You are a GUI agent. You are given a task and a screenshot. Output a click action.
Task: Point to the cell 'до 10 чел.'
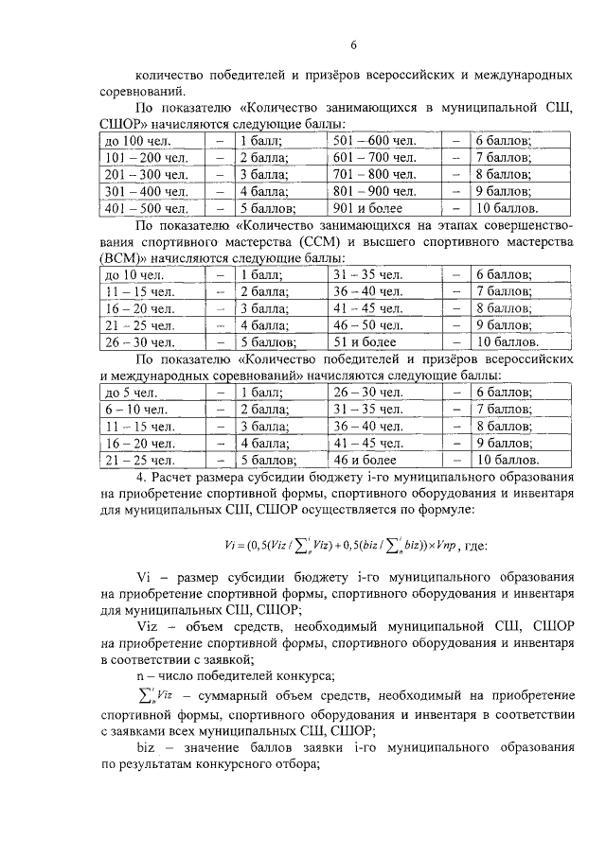pos(132,274)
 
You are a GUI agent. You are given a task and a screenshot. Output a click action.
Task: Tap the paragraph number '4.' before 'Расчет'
pos(141,478)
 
